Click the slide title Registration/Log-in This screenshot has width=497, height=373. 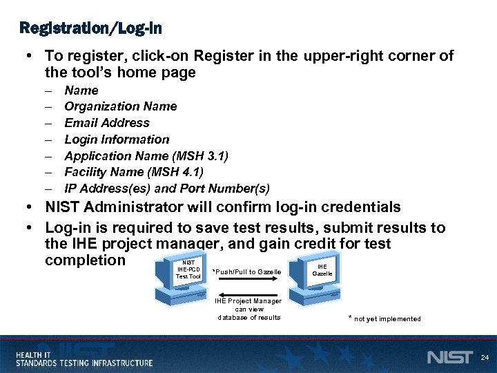point(92,28)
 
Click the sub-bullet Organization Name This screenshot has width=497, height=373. point(120,106)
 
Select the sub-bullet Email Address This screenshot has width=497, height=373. point(106,123)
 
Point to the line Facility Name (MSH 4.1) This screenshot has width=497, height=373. point(133,172)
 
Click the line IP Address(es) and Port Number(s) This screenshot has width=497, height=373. point(166,189)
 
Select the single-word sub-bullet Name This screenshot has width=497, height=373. point(81,90)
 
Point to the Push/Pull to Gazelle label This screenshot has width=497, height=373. point(246,271)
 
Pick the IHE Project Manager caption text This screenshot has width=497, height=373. point(248,309)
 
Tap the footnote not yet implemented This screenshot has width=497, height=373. point(386,318)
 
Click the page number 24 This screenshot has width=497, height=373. point(484,357)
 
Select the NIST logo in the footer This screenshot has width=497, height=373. point(449,357)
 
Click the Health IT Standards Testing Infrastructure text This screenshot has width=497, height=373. point(84,358)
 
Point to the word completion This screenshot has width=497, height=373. point(85,260)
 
